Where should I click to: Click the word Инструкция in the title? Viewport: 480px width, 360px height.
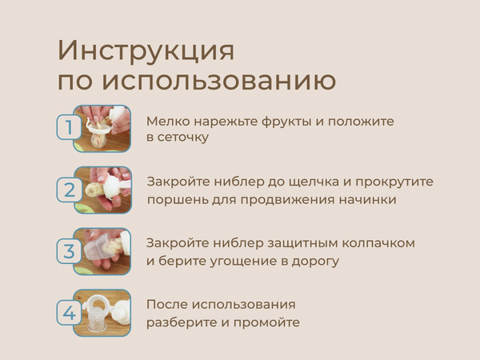(146, 50)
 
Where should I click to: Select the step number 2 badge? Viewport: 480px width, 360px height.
(69, 190)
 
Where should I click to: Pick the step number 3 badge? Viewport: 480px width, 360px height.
(69, 250)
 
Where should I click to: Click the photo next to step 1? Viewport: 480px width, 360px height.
(102, 128)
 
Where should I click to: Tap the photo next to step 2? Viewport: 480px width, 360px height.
(102, 190)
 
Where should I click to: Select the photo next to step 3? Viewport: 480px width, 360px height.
(102, 250)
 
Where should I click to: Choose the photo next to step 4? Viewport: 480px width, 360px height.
(102, 312)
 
